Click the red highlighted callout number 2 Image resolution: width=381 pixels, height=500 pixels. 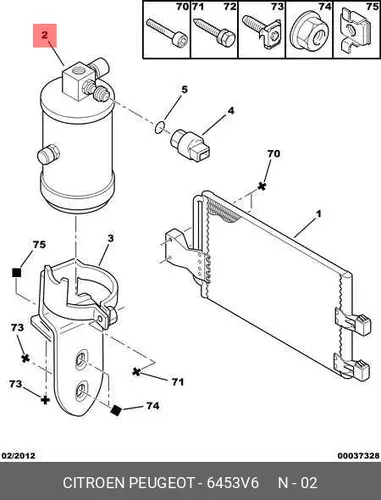tap(45, 35)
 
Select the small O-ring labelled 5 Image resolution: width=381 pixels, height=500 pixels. tap(160, 127)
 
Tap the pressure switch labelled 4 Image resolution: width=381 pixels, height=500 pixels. tap(191, 145)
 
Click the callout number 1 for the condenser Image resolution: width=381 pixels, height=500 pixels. tap(318, 214)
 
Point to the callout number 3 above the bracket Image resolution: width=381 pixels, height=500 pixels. tap(111, 239)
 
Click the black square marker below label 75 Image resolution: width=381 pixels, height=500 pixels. tap(16, 273)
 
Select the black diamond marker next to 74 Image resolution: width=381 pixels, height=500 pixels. tap(116, 411)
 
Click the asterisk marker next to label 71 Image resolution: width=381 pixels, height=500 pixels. tap(136, 371)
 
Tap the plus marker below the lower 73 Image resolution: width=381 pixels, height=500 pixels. tap(45, 400)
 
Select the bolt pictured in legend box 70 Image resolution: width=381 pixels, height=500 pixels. tap(167, 32)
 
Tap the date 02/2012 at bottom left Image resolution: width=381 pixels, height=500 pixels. tap(19, 456)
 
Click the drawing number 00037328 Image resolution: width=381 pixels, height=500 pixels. tap(358, 456)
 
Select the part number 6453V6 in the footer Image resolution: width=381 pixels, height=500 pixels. tap(233, 483)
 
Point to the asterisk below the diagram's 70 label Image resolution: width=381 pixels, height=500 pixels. tap(262, 186)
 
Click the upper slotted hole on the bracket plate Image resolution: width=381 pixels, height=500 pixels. tap(81, 359)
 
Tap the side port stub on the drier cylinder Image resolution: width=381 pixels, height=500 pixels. tap(47, 155)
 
